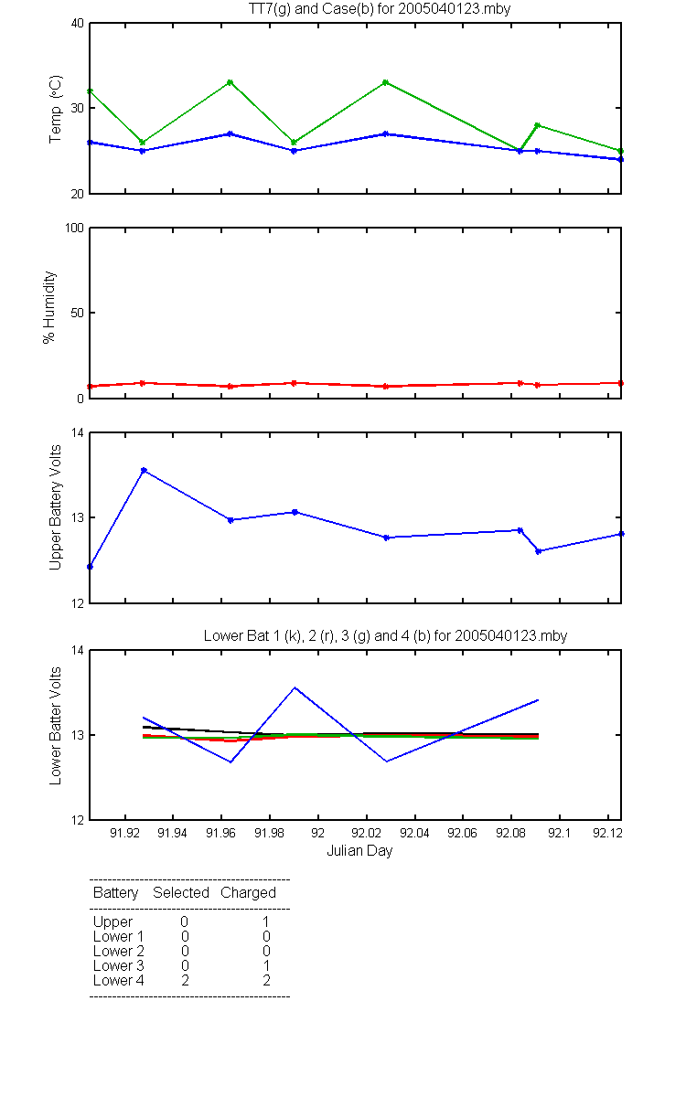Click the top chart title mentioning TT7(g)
(380, 8)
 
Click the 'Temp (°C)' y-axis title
(55, 109)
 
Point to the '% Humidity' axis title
(49, 307)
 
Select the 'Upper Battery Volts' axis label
(55, 507)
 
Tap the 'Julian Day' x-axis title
(359, 851)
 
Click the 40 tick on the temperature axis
(78, 24)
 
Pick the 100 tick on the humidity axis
(74, 229)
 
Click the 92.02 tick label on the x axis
(366, 833)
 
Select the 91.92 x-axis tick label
(124, 833)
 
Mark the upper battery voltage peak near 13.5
(144, 470)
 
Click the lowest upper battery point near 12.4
(91, 567)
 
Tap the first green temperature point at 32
(91, 91)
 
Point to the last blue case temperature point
(620, 160)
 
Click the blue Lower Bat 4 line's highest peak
(295, 687)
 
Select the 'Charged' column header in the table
(248, 893)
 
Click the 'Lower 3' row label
(119, 965)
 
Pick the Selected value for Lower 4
(185, 980)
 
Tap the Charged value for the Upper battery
(265, 921)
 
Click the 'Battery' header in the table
(115, 893)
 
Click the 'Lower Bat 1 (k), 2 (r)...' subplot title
(385, 635)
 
